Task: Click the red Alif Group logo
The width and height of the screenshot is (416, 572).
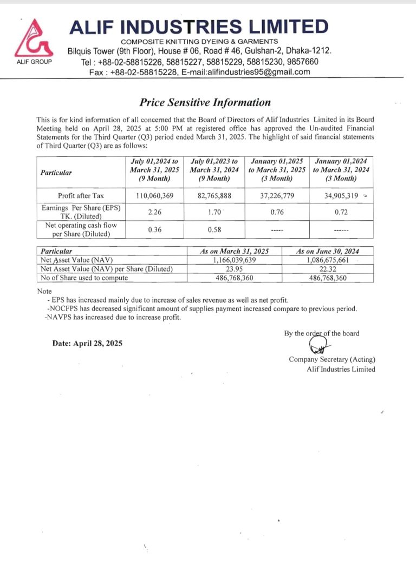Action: point(33,39)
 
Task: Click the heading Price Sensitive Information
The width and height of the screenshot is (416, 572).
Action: point(205,102)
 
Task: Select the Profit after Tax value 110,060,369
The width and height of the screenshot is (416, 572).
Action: point(154,195)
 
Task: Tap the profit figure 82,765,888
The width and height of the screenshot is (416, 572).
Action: point(214,195)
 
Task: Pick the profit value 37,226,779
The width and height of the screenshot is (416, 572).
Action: point(276,195)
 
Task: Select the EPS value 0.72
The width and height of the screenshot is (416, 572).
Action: point(341,212)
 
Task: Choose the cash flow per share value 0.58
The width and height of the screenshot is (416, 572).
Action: point(214,229)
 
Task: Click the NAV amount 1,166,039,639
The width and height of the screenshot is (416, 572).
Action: point(235,260)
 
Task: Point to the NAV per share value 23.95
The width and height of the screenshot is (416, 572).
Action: point(235,269)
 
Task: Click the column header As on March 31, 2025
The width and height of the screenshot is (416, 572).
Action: point(235,252)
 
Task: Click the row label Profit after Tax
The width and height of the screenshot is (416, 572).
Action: point(81,195)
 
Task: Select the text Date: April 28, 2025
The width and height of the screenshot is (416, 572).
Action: point(87,343)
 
